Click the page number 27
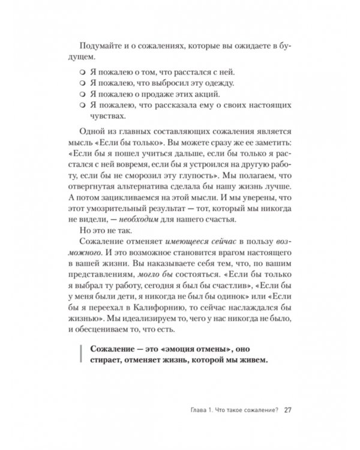pos(287,410)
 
